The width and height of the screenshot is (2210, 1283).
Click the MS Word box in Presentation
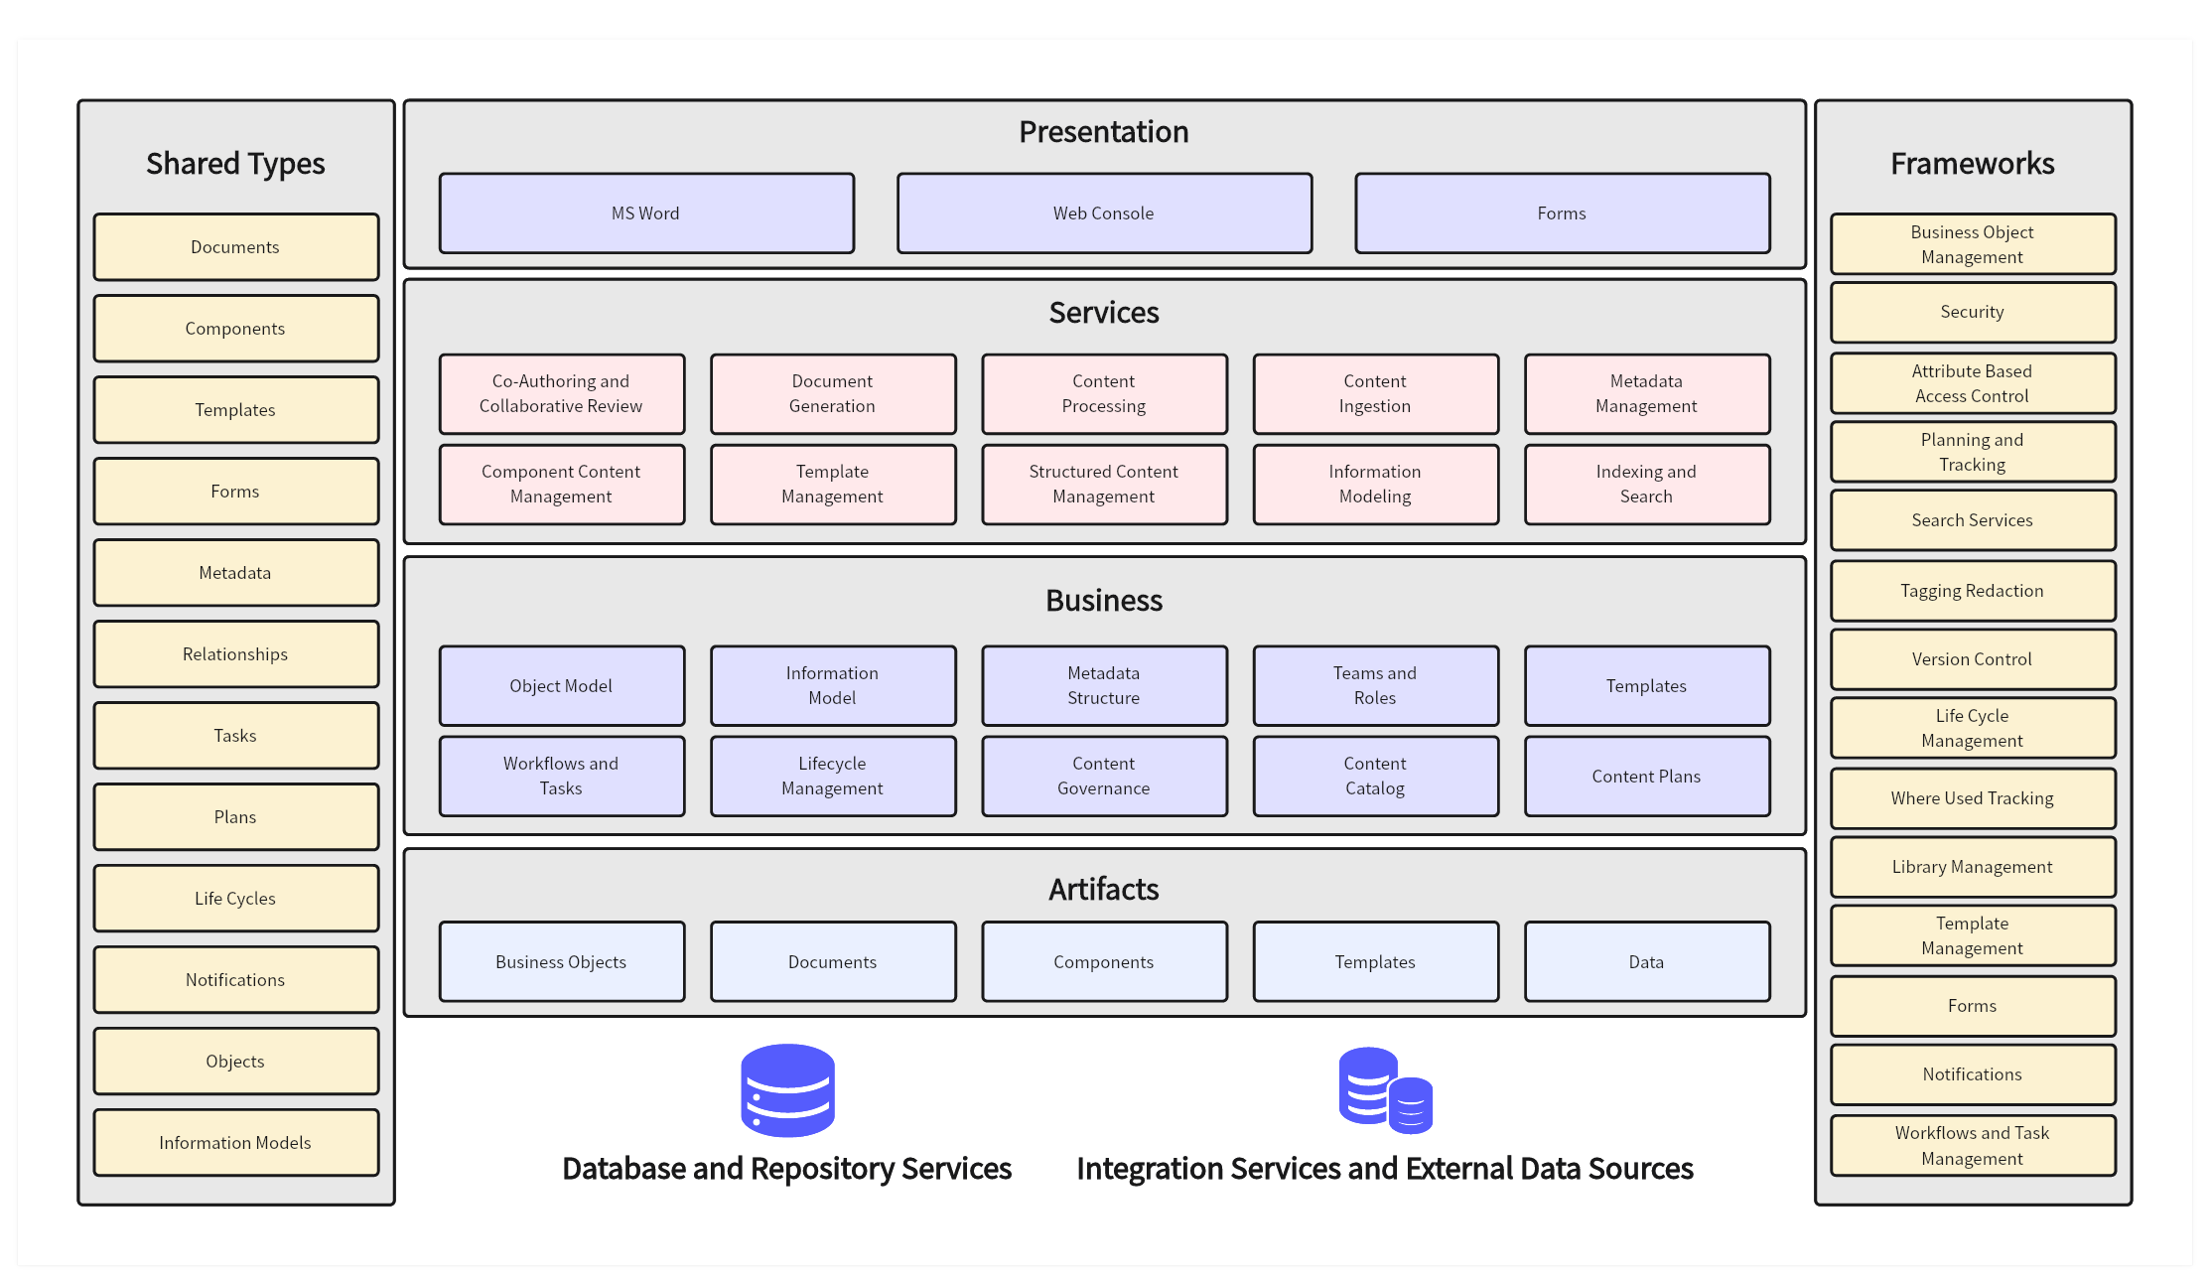(646, 214)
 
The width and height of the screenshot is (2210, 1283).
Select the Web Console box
(1104, 214)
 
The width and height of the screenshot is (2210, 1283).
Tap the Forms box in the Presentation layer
(1562, 214)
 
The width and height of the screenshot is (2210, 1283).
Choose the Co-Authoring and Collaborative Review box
(561, 394)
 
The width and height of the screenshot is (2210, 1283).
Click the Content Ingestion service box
(1375, 394)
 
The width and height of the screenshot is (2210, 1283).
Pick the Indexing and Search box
(1646, 485)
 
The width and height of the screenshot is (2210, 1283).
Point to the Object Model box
(561, 686)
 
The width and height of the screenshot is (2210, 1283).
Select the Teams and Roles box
(1375, 686)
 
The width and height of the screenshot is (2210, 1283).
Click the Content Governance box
(1104, 777)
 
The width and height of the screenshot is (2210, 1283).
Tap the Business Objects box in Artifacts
(561, 962)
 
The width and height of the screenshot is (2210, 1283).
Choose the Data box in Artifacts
(1646, 962)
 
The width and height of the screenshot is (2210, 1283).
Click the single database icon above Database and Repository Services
(788, 1090)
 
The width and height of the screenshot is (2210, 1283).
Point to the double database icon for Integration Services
(1385, 1090)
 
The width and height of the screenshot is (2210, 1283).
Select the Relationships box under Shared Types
(235, 654)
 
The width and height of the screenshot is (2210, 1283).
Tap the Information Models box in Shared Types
(235, 1143)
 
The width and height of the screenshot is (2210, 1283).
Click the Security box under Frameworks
(1973, 313)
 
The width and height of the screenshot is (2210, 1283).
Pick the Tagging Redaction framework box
(1973, 591)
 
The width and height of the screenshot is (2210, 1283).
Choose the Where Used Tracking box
(1973, 798)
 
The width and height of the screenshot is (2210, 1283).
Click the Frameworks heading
(1973, 164)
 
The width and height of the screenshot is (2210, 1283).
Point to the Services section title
(1104, 313)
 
